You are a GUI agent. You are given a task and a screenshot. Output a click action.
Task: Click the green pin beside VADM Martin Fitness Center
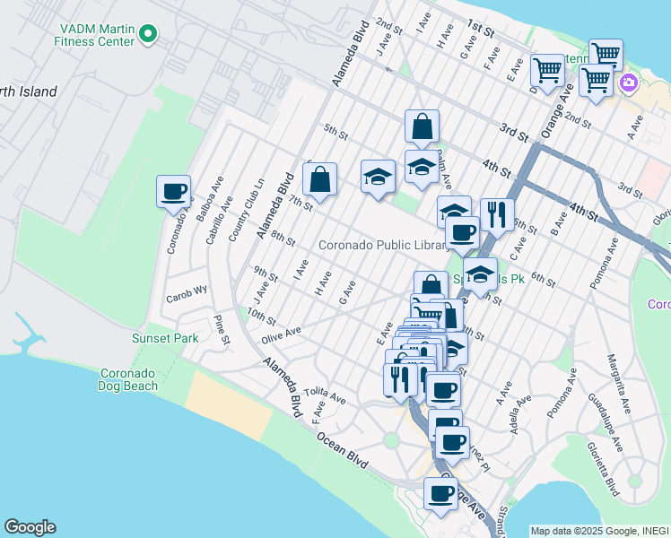pyautogui.click(x=148, y=35)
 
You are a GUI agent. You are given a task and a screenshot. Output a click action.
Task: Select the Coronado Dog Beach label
pyautogui.click(x=128, y=379)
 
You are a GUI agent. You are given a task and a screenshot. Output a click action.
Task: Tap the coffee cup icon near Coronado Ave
pyautogui.click(x=173, y=192)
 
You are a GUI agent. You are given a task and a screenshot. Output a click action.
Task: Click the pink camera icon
pyautogui.click(x=628, y=83)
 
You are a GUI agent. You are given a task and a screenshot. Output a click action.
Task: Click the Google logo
pyautogui.click(x=30, y=527)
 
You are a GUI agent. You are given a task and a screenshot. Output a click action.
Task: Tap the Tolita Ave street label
pyautogui.click(x=325, y=395)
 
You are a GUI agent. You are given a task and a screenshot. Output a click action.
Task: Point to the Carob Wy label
pyautogui.click(x=186, y=290)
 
